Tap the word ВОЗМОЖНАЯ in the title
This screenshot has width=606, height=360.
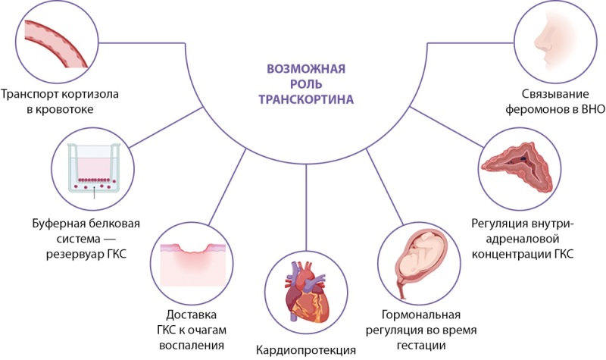[306, 69]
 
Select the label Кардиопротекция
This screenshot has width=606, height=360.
[307, 350]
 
